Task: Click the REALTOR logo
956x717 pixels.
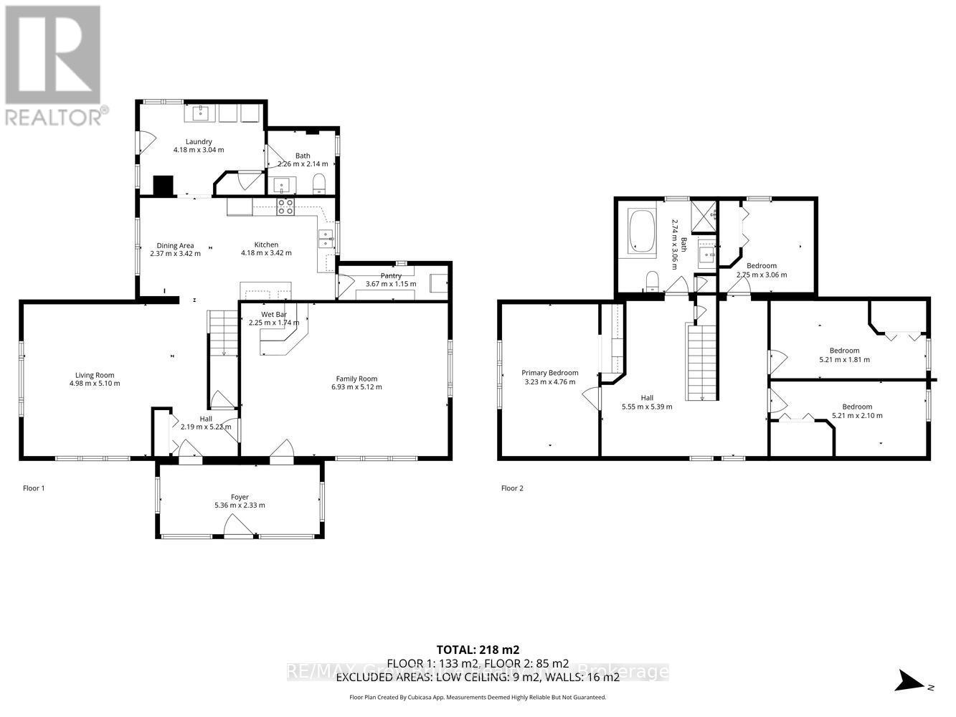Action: tap(53, 65)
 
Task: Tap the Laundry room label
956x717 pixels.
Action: tap(198, 142)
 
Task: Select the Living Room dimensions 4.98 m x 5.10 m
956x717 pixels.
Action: tap(90, 384)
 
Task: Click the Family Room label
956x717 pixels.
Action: tap(356, 379)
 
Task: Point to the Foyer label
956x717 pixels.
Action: tap(240, 497)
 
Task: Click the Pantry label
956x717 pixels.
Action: tap(391, 275)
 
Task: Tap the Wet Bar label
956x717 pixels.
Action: tap(273, 314)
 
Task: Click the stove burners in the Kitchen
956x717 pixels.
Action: tap(285, 206)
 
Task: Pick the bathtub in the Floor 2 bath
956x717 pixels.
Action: tap(641, 231)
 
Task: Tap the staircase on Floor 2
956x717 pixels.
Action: tap(701, 362)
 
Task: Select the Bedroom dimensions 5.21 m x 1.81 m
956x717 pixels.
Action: tap(844, 360)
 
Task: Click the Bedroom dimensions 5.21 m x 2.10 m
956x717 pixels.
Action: tap(857, 416)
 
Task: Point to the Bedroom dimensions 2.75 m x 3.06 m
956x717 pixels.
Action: tap(762, 275)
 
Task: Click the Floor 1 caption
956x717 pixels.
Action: tap(34, 488)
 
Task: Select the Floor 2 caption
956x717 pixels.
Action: tap(512, 488)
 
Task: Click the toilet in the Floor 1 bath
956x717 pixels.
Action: tap(320, 185)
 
